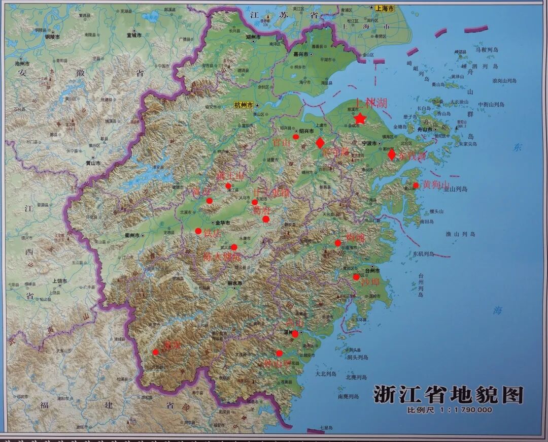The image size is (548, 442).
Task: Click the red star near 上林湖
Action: tap(360, 119)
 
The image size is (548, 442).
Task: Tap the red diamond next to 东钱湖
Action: tap(391, 154)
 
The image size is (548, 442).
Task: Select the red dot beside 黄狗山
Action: tap(416, 185)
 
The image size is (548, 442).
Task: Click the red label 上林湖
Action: tap(371, 104)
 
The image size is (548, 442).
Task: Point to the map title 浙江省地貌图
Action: tap(448, 395)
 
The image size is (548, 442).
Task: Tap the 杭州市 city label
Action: tap(244, 105)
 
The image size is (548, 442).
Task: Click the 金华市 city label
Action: tap(223, 223)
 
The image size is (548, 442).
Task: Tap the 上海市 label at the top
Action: tap(385, 9)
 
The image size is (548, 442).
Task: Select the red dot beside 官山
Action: tap(296, 136)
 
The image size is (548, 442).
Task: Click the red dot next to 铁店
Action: tap(198, 231)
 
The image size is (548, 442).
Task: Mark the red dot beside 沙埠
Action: tap(356, 277)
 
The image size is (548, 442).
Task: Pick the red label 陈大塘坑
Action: tap(221, 257)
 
